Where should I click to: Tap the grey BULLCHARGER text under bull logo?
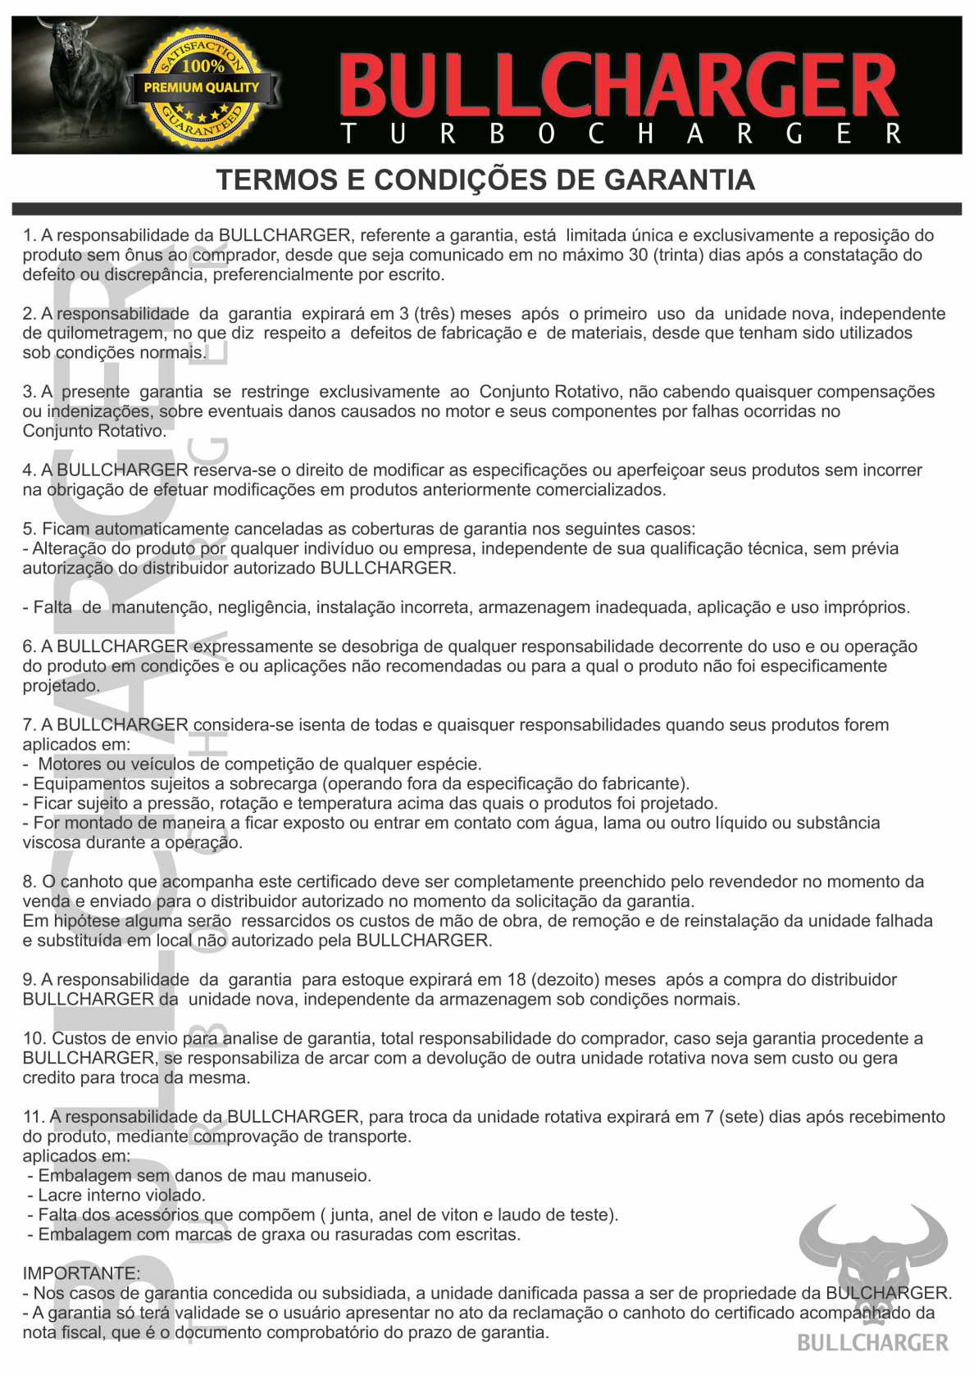pyautogui.click(x=872, y=1342)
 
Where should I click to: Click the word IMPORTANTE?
pyautogui.click(x=81, y=1273)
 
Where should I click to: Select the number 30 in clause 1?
pyautogui.click(x=639, y=255)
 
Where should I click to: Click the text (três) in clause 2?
pyautogui.click(x=435, y=314)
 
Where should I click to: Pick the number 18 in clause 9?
pyautogui.click(x=517, y=980)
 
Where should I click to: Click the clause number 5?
pyautogui.click(x=29, y=529)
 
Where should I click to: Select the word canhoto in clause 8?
pyautogui.click(x=92, y=883)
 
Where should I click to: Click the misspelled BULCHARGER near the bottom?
pyautogui.click(x=888, y=1293)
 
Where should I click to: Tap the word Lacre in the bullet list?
pyautogui.click(x=60, y=1196)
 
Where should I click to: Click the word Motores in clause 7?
pyautogui.click(x=70, y=765)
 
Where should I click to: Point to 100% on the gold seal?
pyautogui.click(x=203, y=66)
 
